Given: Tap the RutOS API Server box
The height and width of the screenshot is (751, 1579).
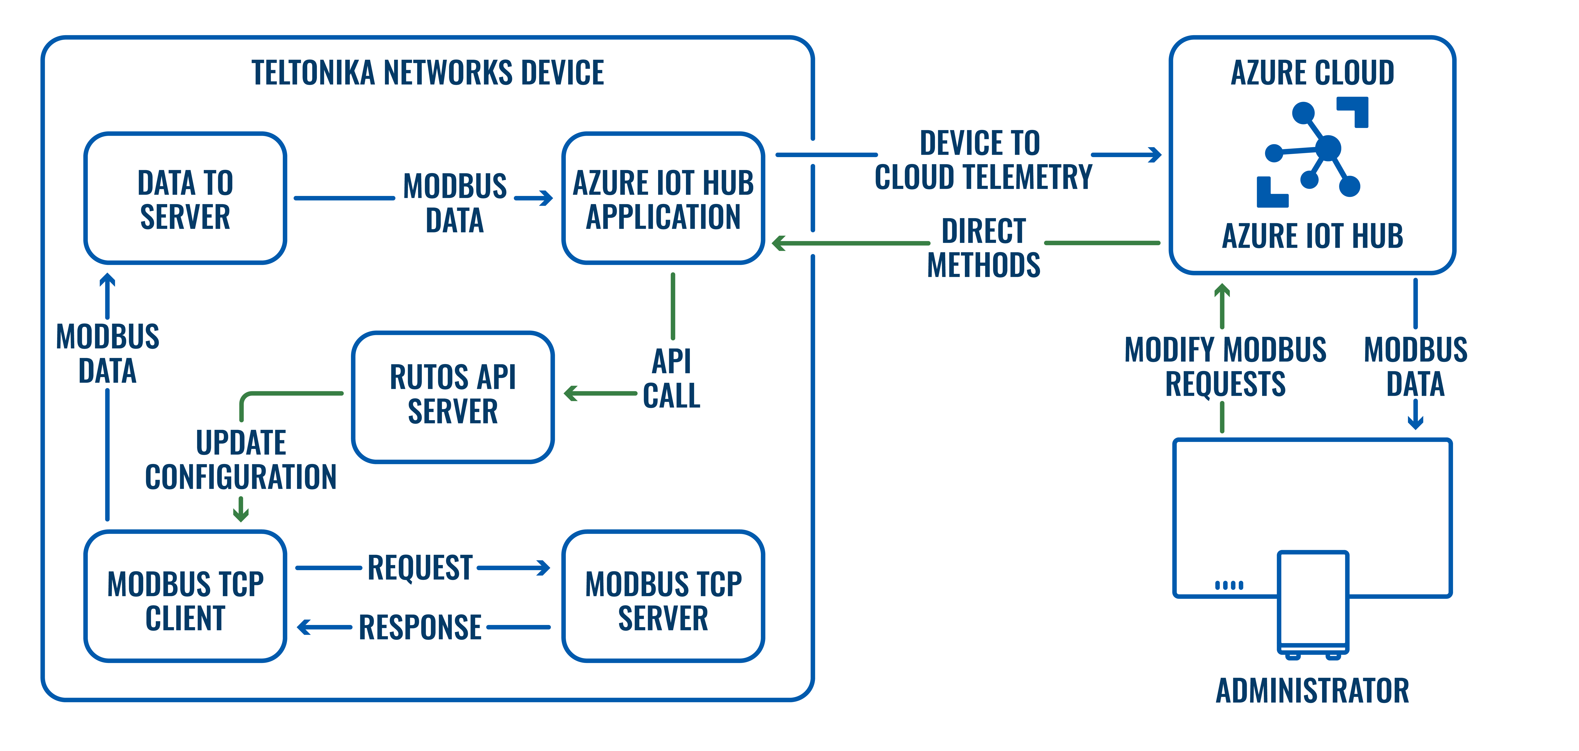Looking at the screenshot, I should coord(453,397).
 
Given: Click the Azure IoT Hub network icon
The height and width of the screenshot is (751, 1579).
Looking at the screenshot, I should coord(1312,152).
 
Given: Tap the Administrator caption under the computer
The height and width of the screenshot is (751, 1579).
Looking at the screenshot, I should coord(1312,691).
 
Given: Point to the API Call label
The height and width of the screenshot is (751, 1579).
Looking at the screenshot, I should coord(672,378).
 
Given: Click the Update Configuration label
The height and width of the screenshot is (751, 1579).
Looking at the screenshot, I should coord(241,460).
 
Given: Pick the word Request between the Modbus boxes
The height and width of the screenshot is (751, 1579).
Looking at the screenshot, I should coord(420,568).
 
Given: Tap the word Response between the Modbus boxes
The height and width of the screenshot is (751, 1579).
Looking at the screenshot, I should coord(420,627).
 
